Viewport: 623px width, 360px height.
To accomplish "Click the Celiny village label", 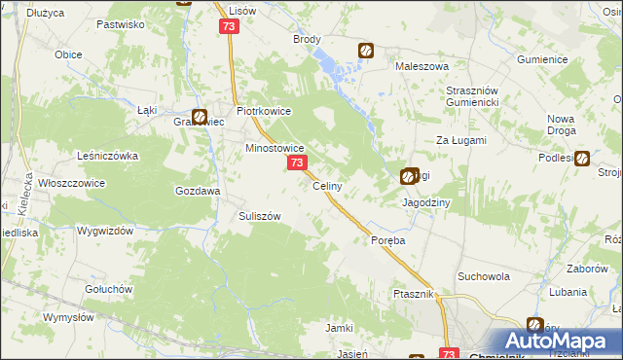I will tap(325, 186).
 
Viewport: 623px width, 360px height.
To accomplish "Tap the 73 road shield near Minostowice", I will tap(297, 164).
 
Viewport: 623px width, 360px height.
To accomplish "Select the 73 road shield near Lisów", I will tap(229, 28).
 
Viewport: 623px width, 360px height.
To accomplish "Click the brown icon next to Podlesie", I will tap(582, 159).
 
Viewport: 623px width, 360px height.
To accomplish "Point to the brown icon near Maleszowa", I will tap(366, 50).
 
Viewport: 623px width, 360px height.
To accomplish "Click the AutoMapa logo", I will tap(560, 341).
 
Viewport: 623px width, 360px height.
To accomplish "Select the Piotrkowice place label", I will tap(261, 111).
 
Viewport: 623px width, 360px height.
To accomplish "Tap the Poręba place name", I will tap(387, 239).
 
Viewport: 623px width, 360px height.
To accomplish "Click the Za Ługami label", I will tap(460, 140).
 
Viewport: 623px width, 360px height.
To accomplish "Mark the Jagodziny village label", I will tap(425, 202).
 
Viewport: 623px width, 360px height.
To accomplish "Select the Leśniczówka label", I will tap(108, 156).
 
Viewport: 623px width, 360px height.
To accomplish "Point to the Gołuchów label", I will tap(107, 289).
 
